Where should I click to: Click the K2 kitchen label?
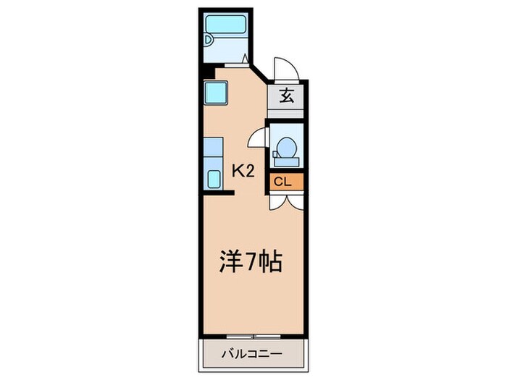(x=242, y=171)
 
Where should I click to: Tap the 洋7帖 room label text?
(x=250, y=261)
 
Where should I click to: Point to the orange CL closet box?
(x=283, y=182)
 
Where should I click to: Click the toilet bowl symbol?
(x=285, y=148)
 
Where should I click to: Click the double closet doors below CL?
(x=283, y=200)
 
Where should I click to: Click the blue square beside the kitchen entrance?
(x=217, y=93)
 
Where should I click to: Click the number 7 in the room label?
(x=250, y=261)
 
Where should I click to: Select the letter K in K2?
(x=237, y=171)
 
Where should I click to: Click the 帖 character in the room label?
(x=269, y=261)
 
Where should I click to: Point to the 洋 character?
(x=230, y=261)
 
